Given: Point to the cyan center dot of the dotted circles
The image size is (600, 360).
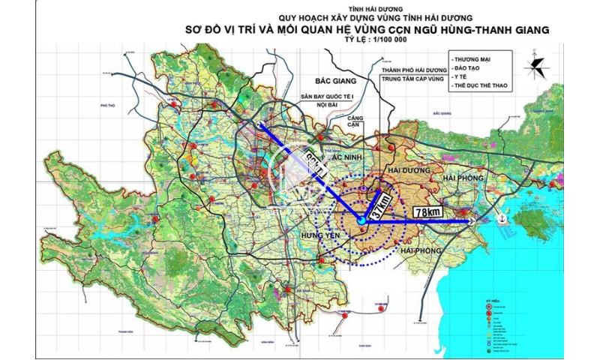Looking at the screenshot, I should pos(362,220).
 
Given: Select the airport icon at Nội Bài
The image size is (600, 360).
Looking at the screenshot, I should pos(261,124).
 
